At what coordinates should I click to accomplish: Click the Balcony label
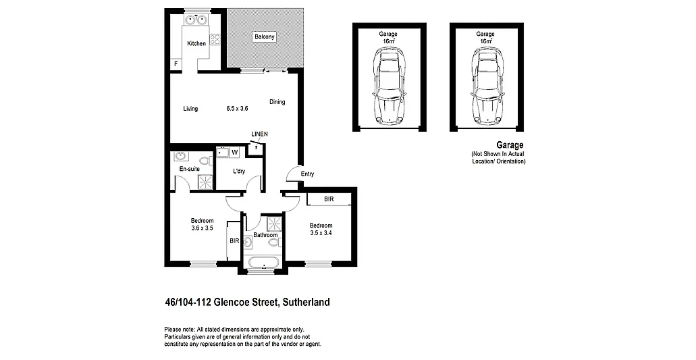265,37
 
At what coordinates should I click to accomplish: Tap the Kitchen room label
196,44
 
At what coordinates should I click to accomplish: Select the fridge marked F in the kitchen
176,64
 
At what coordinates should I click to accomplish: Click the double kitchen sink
196,20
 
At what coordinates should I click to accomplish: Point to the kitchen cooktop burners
216,39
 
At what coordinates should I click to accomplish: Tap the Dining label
277,102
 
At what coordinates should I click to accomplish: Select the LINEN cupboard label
259,134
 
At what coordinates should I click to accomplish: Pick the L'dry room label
239,172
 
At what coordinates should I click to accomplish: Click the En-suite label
189,169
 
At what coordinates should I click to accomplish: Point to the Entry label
307,174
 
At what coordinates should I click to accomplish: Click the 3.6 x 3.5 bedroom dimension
202,228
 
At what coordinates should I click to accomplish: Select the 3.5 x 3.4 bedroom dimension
321,233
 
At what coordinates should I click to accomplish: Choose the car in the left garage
388,87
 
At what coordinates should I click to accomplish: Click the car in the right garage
485,87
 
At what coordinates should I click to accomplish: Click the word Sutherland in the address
305,303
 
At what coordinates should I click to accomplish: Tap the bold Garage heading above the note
510,145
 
